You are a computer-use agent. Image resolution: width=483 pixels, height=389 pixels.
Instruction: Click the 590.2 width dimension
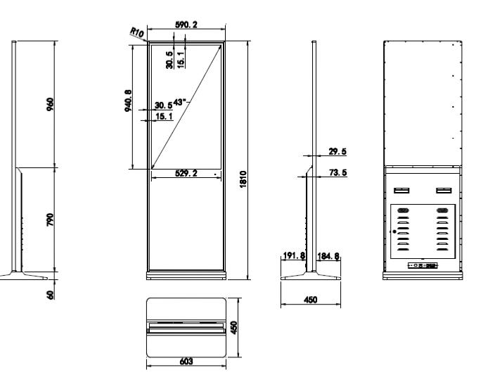[186, 25]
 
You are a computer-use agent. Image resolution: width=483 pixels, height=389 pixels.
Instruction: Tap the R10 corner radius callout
[137, 32]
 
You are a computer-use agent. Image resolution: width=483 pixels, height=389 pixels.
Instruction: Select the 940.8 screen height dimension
[129, 101]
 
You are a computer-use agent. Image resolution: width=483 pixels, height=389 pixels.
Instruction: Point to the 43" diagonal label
[180, 102]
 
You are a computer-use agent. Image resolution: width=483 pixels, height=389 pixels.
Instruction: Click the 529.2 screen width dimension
[186, 173]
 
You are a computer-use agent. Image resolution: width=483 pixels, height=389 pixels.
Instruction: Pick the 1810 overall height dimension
[243, 179]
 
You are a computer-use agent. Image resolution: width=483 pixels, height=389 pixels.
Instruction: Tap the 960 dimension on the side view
[50, 105]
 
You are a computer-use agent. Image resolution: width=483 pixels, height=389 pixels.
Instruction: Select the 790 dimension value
[50, 219]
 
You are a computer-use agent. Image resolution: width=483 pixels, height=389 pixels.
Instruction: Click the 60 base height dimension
[50, 295]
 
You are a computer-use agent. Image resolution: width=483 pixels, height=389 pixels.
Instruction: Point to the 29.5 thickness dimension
[337, 151]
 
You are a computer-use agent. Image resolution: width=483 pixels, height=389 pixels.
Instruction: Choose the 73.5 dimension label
[337, 172]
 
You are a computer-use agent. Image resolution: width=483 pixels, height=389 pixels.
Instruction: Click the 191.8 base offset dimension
[294, 255]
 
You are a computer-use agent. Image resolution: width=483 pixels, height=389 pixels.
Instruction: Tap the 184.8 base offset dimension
[328, 256]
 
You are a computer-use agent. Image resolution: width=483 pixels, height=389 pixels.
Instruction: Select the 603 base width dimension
[186, 361]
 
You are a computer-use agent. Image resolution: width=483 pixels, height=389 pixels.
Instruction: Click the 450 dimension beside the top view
[234, 327]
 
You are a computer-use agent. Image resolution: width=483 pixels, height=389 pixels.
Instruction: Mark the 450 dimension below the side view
[311, 300]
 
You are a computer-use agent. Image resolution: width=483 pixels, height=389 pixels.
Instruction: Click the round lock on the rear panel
[394, 231]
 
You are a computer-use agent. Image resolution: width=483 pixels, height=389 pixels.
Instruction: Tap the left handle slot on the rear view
[401, 191]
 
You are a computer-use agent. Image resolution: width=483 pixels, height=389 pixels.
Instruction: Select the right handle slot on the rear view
[444, 191]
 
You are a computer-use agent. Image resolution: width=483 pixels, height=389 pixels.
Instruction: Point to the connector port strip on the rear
[423, 265]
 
